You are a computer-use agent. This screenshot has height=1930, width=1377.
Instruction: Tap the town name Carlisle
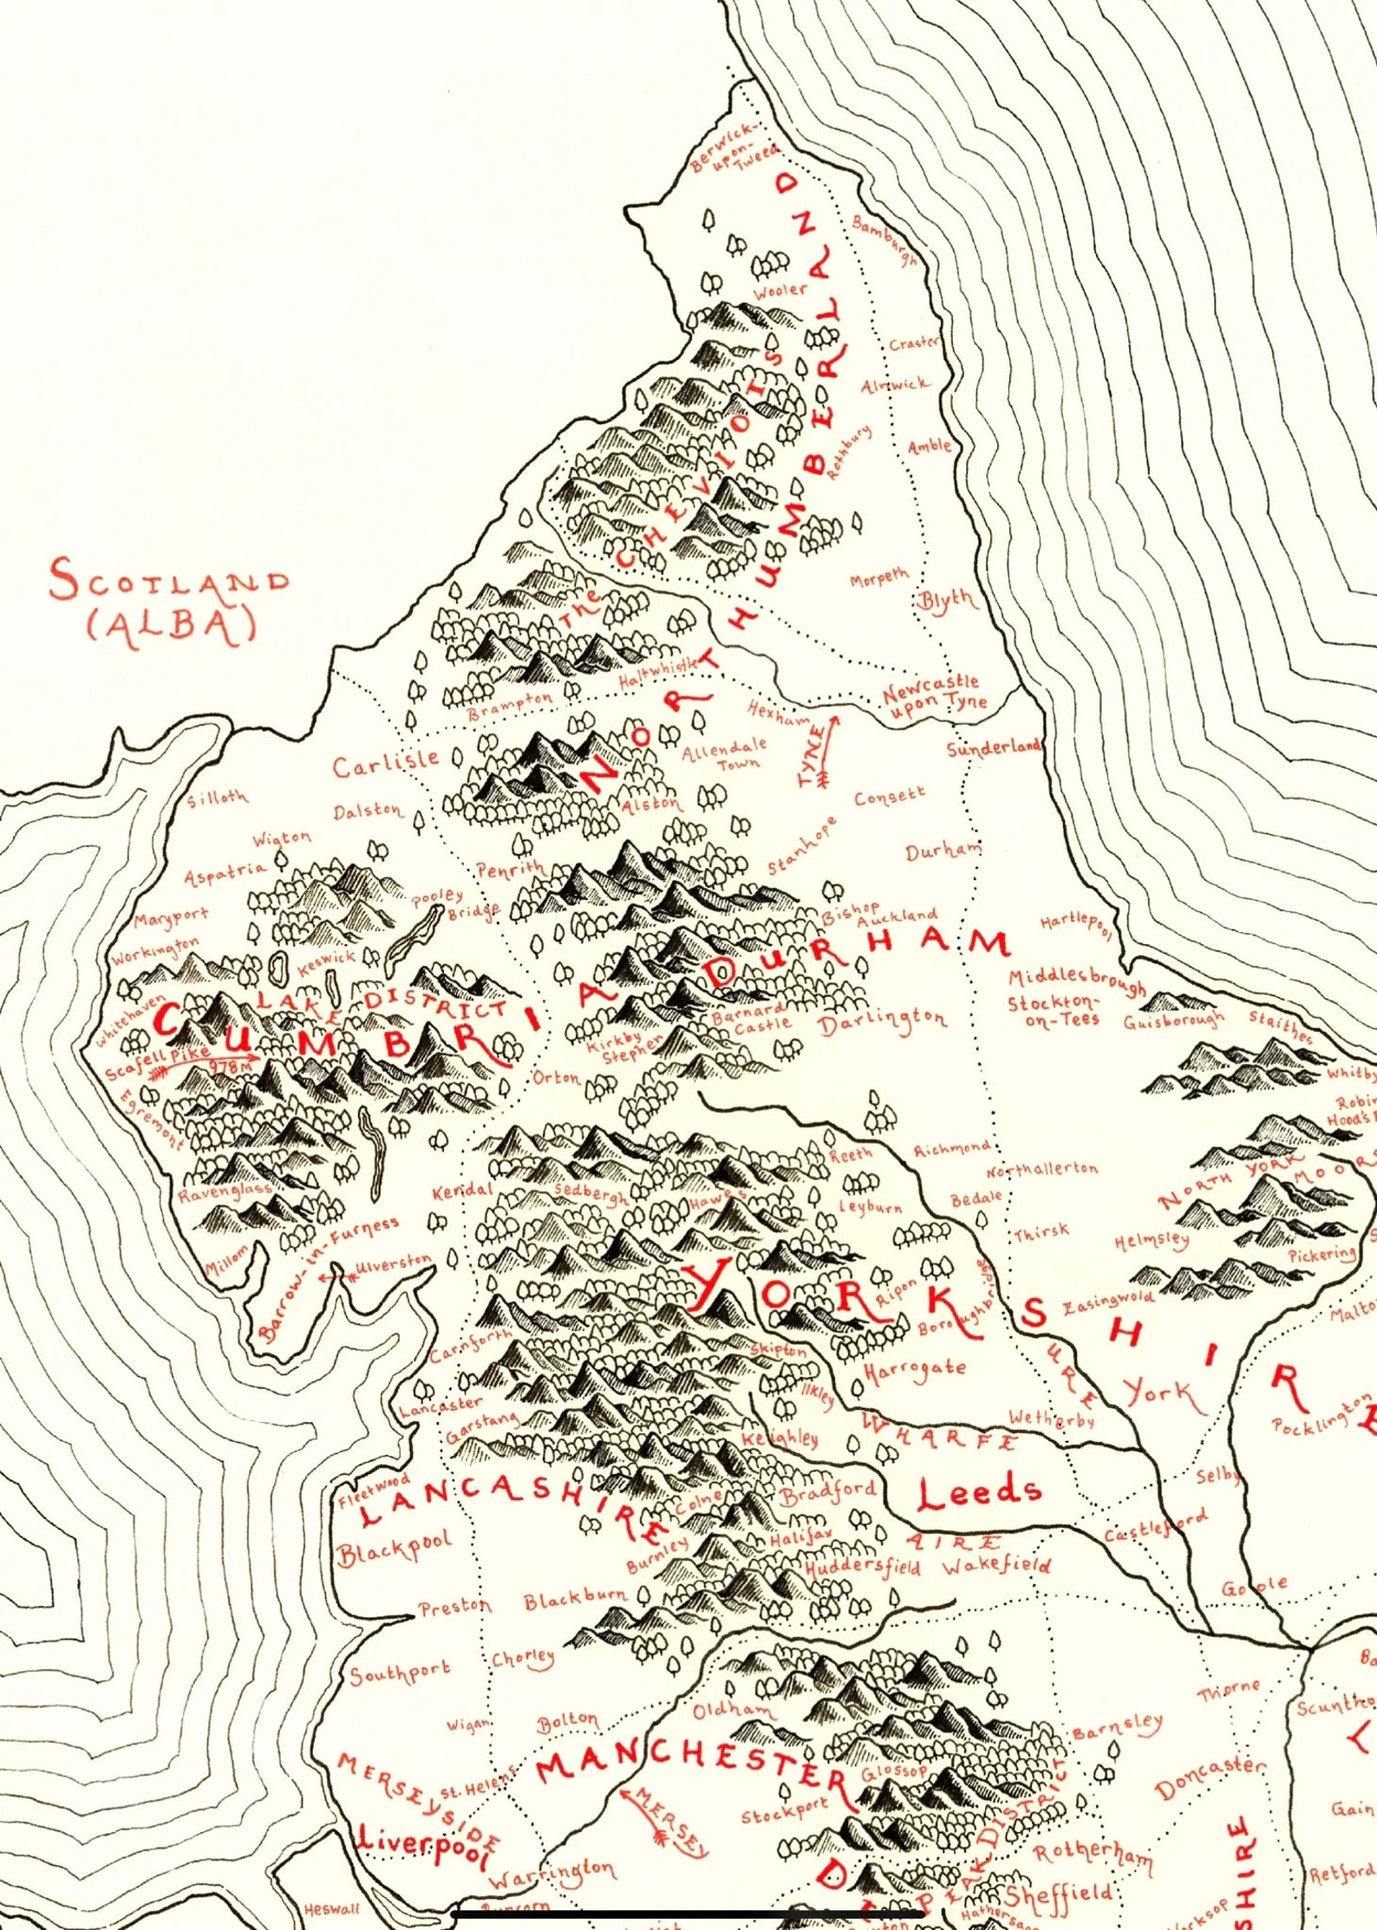[x=386, y=763]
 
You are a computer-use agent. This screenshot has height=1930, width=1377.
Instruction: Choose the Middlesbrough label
[x=1076, y=981]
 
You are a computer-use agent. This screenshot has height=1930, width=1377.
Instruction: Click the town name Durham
[x=943, y=850]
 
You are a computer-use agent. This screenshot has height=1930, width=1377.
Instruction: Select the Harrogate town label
[x=914, y=1371]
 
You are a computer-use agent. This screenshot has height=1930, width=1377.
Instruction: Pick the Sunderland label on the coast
[x=994, y=747]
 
